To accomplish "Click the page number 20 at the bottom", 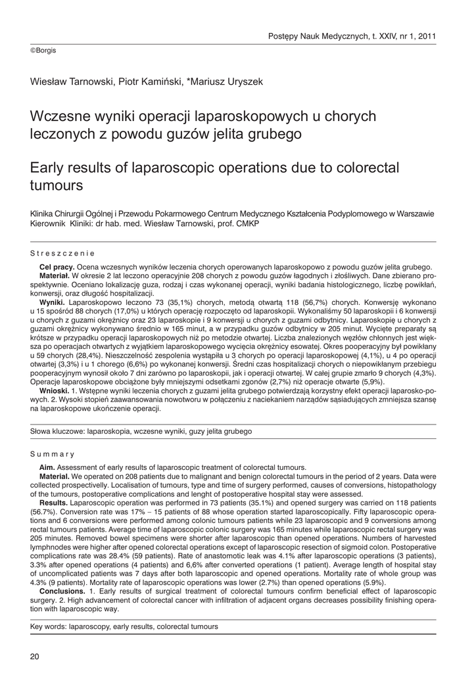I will [35, 656].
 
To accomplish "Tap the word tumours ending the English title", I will [57, 185].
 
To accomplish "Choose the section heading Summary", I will [52, 454].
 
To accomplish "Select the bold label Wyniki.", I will [51, 302].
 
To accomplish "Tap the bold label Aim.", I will [47, 467].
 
